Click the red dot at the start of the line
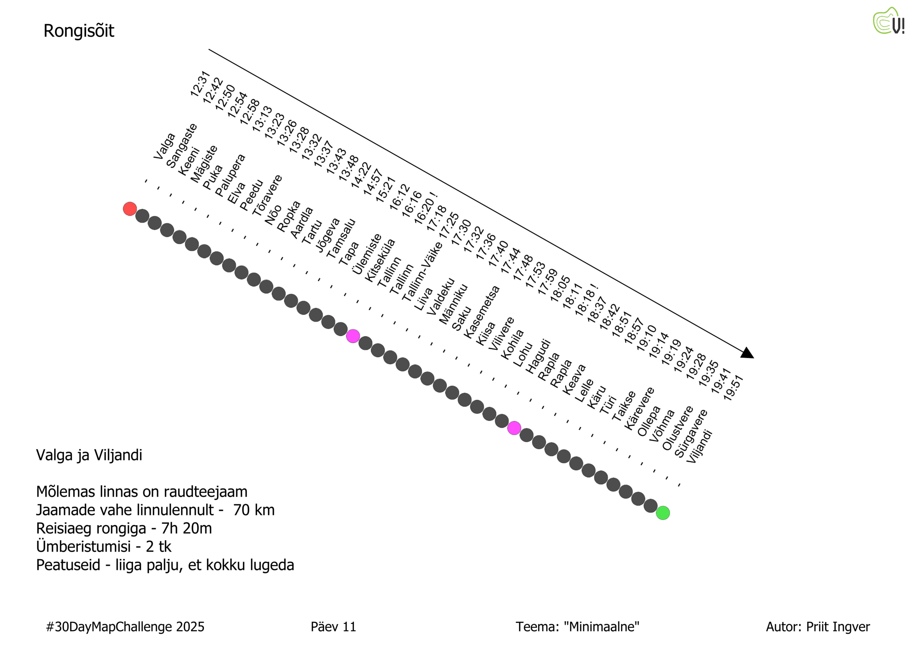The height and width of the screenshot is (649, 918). coord(130,209)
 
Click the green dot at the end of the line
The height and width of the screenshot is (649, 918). coord(663,513)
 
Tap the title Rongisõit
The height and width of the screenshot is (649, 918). coord(79,31)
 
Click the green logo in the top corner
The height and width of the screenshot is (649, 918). coord(888,21)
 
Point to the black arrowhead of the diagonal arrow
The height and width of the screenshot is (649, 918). coord(748,354)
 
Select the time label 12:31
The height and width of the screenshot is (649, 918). coord(200,84)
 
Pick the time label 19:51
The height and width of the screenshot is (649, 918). coord(733,388)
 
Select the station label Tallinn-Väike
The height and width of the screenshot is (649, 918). coord(422,271)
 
